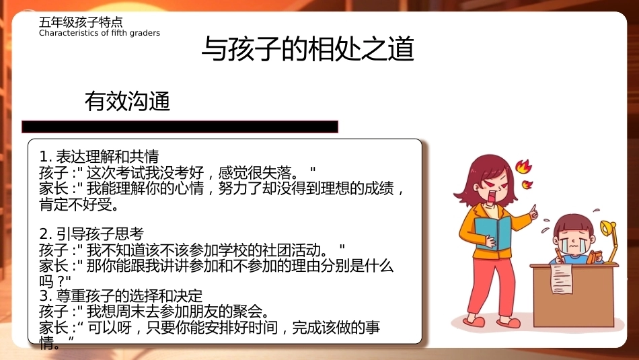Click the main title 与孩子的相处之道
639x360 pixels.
coord(308,49)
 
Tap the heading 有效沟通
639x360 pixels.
coord(127,101)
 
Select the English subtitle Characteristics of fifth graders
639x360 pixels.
coord(100,33)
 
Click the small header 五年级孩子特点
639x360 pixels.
coord(81,22)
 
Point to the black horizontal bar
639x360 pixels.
coord(180,127)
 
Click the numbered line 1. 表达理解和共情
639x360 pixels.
coord(99,157)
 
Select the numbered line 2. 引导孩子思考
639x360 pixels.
coord(91,234)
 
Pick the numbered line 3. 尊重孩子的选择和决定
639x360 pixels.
coord(121,295)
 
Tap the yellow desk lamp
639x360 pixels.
coord(609,240)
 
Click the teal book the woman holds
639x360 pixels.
coord(494,232)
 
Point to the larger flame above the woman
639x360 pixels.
coord(524,166)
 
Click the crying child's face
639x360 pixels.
coord(572,240)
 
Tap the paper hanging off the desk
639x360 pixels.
coord(561,278)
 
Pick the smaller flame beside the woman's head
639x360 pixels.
coord(527,184)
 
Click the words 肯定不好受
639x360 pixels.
coord(79,205)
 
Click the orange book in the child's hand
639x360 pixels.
coord(594,258)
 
